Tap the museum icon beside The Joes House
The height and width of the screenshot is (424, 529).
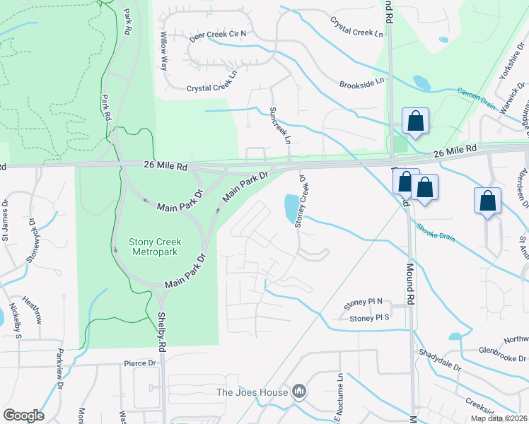click(299, 391)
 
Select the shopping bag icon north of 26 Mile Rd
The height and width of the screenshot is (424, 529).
click(415, 121)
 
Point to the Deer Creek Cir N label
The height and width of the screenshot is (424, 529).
click(218, 33)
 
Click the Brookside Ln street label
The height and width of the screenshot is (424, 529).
click(361, 82)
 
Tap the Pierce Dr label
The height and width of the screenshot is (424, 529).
click(139, 363)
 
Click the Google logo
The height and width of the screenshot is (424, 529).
click(23, 416)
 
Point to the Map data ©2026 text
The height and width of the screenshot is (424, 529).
click(499, 418)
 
